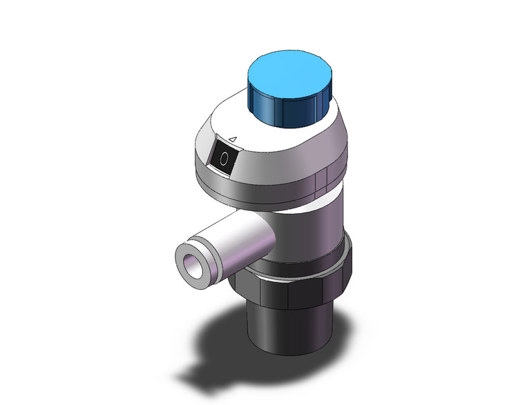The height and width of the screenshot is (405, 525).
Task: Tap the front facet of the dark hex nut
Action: coord(283,293)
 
